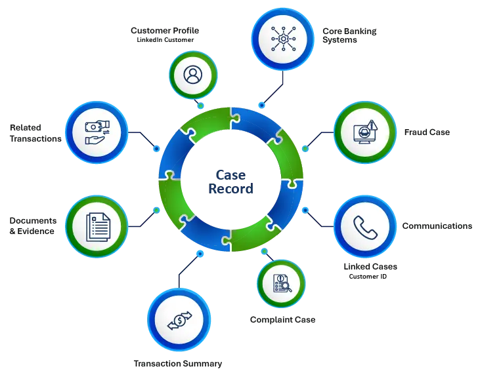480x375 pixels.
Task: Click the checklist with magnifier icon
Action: (x=280, y=284)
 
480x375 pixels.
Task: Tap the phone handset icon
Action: (x=364, y=227)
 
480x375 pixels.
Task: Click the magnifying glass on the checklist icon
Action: (x=286, y=287)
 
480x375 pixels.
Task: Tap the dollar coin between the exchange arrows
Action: (x=178, y=321)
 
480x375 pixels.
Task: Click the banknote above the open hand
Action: (x=98, y=126)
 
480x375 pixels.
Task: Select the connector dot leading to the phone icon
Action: (x=305, y=210)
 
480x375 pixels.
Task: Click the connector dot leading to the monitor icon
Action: (x=305, y=149)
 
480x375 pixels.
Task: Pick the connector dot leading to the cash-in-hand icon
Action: (x=156, y=148)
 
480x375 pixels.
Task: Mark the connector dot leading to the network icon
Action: (x=262, y=105)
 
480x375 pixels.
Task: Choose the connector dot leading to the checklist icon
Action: (x=263, y=251)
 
